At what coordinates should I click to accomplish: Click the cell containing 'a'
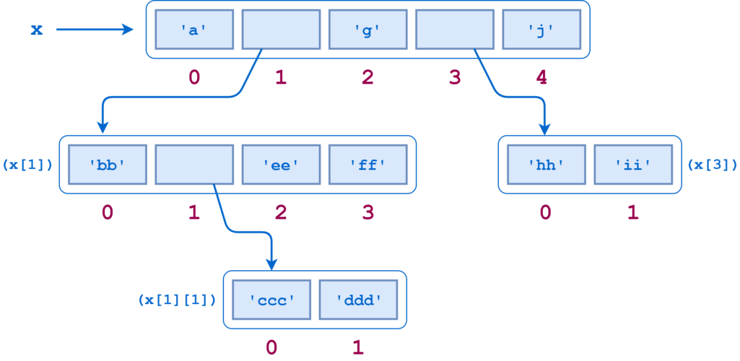pyautogui.click(x=194, y=30)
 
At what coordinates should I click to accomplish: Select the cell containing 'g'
pyautogui.click(x=367, y=30)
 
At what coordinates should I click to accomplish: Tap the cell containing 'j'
pyautogui.click(x=541, y=30)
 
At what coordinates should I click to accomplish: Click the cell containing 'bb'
pyautogui.click(x=108, y=165)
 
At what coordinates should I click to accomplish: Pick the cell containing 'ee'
pyautogui.click(x=281, y=165)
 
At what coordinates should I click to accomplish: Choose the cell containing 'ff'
pyautogui.click(x=367, y=165)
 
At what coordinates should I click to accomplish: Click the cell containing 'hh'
pyautogui.click(x=546, y=165)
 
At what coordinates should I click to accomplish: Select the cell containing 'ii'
pyautogui.click(x=633, y=165)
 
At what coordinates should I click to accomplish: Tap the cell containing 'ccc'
pyautogui.click(x=271, y=300)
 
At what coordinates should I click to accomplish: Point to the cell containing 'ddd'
pyautogui.click(x=358, y=300)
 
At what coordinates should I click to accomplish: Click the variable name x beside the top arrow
pyautogui.click(x=38, y=30)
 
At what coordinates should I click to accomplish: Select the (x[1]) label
pyautogui.click(x=28, y=165)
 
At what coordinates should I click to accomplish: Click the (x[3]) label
pyautogui.click(x=712, y=165)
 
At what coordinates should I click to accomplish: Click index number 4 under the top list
pyautogui.click(x=541, y=77)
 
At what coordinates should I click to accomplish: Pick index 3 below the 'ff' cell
pyautogui.click(x=367, y=212)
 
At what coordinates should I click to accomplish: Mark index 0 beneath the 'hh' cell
pyautogui.click(x=546, y=212)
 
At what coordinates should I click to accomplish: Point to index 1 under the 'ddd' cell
pyautogui.click(x=358, y=347)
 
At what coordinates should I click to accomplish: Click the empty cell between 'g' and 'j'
pyautogui.click(x=455, y=30)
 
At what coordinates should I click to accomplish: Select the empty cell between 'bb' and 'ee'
pyautogui.click(x=194, y=165)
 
